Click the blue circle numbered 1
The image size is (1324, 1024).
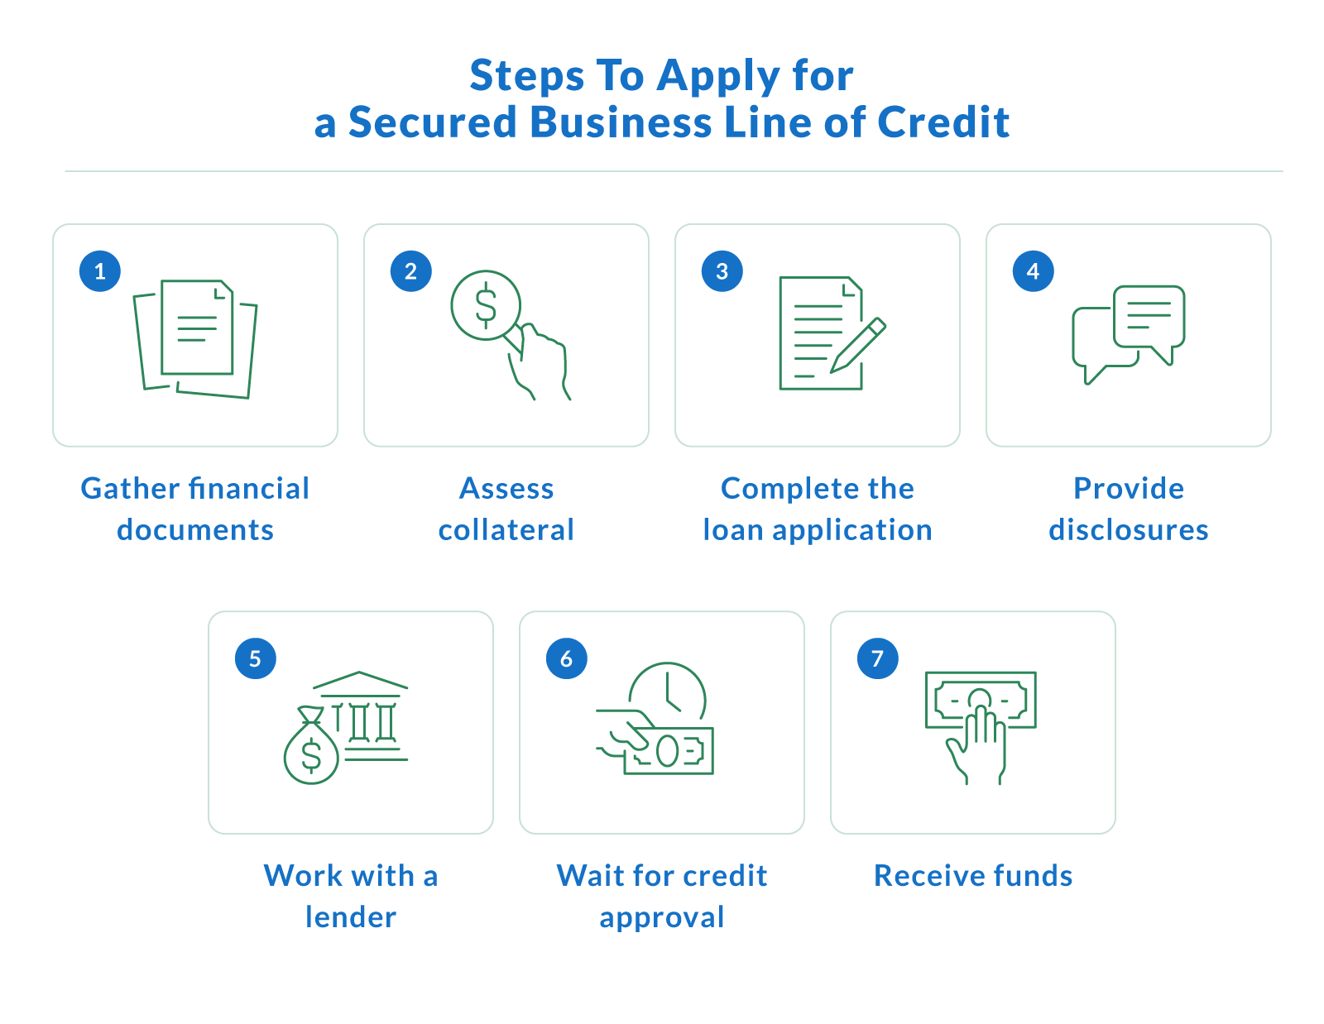(x=100, y=271)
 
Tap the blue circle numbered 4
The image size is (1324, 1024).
(x=1033, y=271)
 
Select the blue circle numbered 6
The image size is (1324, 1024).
(x=566, y=658)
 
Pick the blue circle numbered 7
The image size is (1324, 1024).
(x=877, y=658)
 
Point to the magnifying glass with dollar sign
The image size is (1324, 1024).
(x=486, y=305)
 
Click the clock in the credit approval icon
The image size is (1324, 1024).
(x=668, y=691)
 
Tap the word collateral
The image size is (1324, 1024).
(x=506, y=530)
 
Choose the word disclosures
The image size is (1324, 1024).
(x=1129, y=530)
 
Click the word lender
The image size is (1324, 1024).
(x=351, y=917)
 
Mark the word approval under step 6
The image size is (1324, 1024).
(x=662, y=917)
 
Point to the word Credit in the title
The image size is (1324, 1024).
(x=943, y=122)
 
